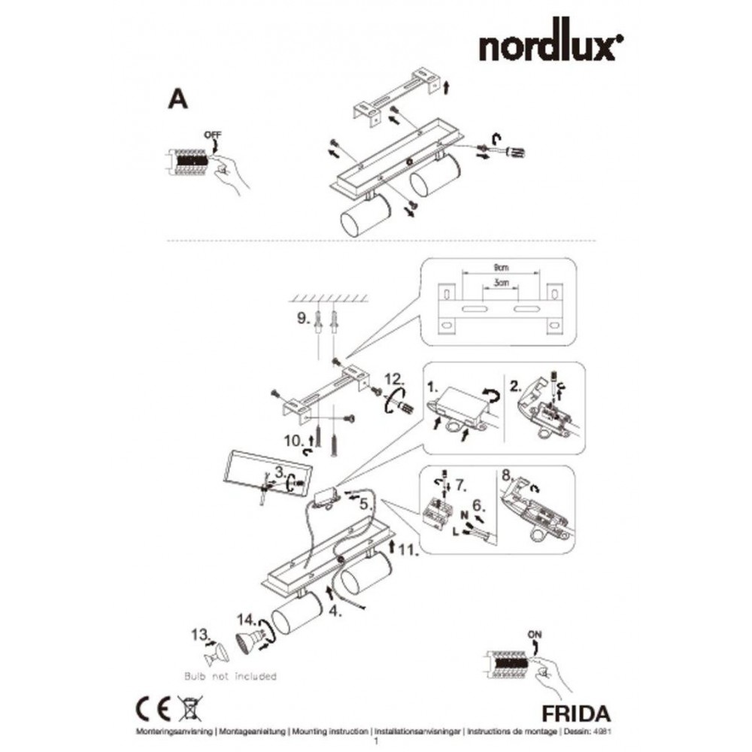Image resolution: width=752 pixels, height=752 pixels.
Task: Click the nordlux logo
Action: [x=550, y=47]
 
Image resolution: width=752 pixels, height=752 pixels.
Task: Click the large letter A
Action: [x=177, y=99]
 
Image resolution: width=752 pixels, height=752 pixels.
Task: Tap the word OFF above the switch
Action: [x=213, y=135]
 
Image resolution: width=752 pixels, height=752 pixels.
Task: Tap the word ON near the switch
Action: [x=535, y=633]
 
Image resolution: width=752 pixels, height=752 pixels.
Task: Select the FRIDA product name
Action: [x=574, y=711]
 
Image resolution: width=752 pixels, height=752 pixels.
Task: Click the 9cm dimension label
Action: [x=502, y=267]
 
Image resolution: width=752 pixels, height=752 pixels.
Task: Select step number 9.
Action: [x=302, y=319]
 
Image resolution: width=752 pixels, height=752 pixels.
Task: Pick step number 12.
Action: [x=395, y=378]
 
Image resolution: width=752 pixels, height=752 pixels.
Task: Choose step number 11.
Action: [x=408, y=550]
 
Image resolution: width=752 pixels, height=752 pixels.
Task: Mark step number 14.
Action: [x=246, y=620]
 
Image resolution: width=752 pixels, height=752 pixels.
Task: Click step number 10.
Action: [x=293, y=438]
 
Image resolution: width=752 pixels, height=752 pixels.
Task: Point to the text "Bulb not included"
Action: [x=230, y=676]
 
